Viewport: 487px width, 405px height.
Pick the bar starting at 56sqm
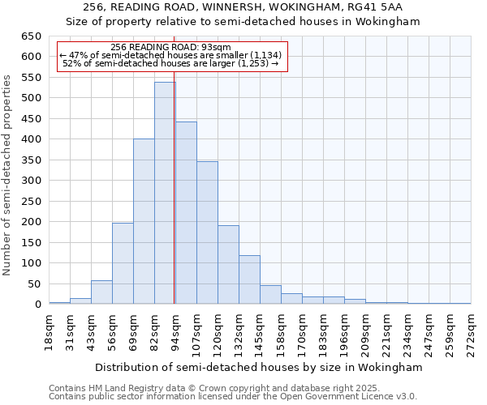(x=123, y=263)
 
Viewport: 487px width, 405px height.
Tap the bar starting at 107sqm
(x=207, y=232)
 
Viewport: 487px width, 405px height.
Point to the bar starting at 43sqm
(x=101, y=292)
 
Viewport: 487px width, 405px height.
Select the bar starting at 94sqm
(x=186, y=213)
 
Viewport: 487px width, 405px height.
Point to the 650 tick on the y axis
(x=31, y=36)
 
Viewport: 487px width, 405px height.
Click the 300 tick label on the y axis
(x=31, y=181)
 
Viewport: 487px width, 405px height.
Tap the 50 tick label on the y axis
(x=33, y=284)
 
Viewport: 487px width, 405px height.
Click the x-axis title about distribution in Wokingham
(x=259, y=367)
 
